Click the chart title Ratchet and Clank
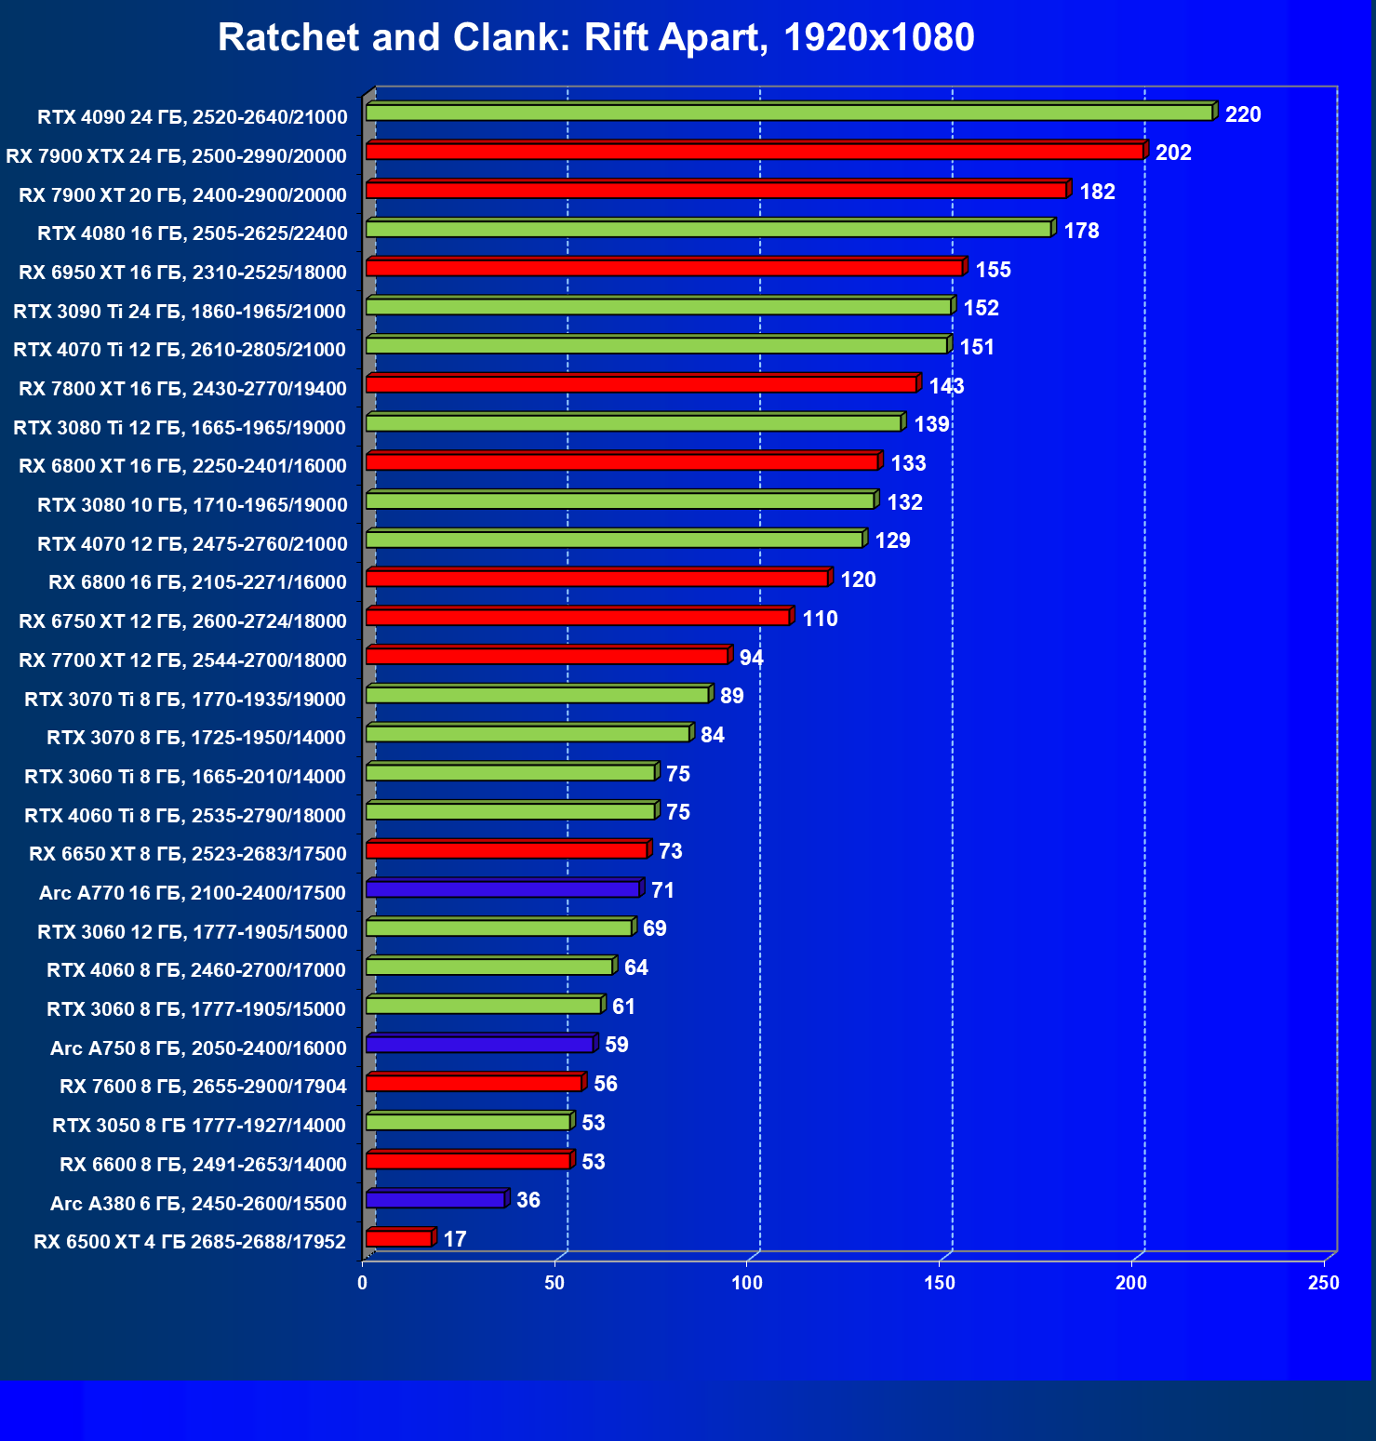click(x=595, y=38)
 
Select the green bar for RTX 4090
click(x=789, y=113)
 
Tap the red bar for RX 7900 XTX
click(x=754, y=152)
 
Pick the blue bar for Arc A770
click(x=502, y=889)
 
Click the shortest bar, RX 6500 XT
click(x=399, y=1238)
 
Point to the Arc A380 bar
click(x=435, y=1200)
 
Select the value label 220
click(x=1243, y=114)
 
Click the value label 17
click(x=455, y=1239)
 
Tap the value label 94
click(x=752, y=658)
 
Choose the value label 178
click(x=1081, y=231)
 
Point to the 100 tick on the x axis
click(x=747, y=1283)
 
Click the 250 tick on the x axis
click(x=1324, y=1283)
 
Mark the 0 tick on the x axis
click(x=363, y=1283)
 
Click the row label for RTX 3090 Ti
click(x=180, y=311)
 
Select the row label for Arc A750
click(x=198, y=1047)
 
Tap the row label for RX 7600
click(x=203, y=1087)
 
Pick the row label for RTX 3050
click(x=199, y=1126)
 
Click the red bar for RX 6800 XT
click(x=621, y=461)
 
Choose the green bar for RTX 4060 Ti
click(x=511, y=811)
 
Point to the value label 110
click(x=820, y=619)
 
